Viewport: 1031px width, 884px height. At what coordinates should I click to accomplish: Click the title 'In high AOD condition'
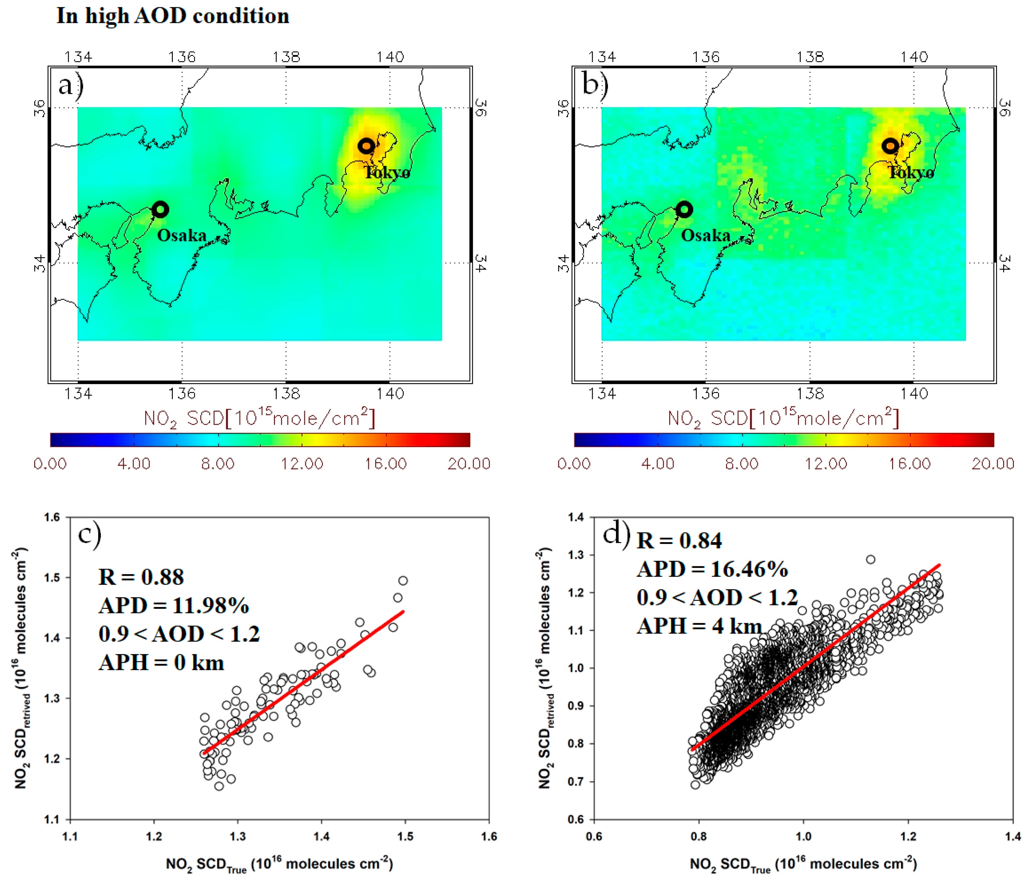point(173,16)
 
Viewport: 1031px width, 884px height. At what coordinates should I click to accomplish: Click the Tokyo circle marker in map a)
point(366,146)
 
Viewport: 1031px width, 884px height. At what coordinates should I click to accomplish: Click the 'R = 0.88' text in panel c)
point(141,577)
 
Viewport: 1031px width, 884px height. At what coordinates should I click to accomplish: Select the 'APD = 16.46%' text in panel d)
point(712,569)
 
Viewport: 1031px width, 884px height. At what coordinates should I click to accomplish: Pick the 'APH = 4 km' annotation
point(699,626)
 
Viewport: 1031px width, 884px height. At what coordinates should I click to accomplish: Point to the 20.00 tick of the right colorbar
point(993,464)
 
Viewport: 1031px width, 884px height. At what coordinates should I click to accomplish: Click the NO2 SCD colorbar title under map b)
point(783,418)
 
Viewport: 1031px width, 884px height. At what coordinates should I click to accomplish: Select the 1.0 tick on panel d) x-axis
point(803,837)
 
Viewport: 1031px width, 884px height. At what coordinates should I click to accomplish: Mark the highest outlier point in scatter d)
point(870,560)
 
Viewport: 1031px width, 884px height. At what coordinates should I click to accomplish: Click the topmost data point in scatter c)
point(403,581)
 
